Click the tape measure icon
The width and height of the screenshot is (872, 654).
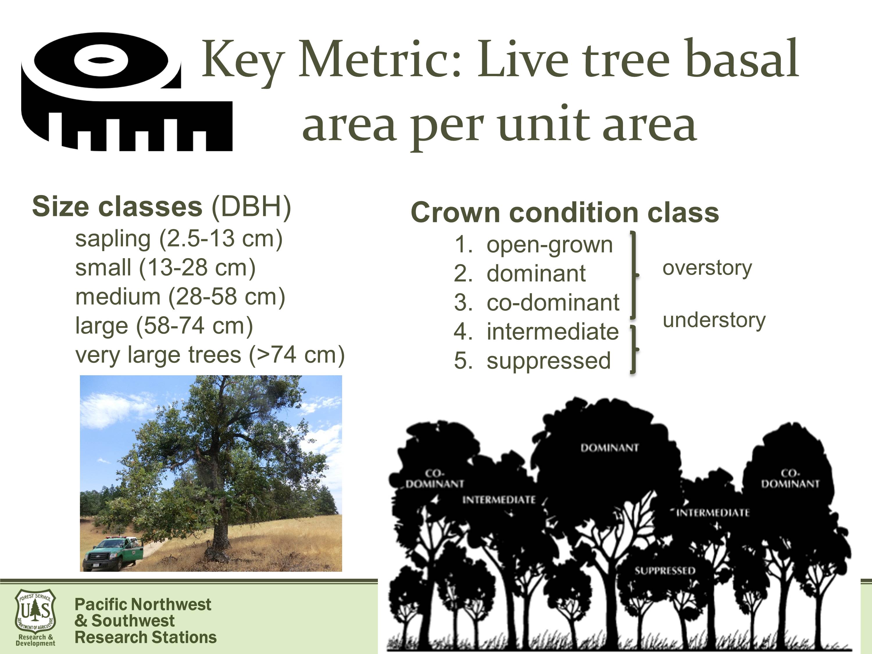pos(126,92)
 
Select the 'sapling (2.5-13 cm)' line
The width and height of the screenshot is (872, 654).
pos(179,239)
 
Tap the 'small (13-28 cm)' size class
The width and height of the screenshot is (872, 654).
pos(166,268)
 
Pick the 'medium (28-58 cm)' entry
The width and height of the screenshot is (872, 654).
pos(180,297)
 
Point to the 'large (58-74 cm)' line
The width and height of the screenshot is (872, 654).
pos(164,326)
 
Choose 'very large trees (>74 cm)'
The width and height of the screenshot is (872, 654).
pos(210,355)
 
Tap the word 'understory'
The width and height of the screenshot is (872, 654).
pos(714,320)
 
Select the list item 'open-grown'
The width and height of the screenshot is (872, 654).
pos(550,245)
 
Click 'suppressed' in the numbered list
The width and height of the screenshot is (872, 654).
pos(549,361)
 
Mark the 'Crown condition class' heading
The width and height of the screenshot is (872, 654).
pos(565,212)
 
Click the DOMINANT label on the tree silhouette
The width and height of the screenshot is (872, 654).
pos(610,448)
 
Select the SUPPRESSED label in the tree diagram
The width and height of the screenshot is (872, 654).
pos(665,570)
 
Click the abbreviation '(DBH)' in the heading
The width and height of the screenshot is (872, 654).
pos(251,207)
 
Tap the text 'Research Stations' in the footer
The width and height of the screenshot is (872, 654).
pos(145,637)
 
